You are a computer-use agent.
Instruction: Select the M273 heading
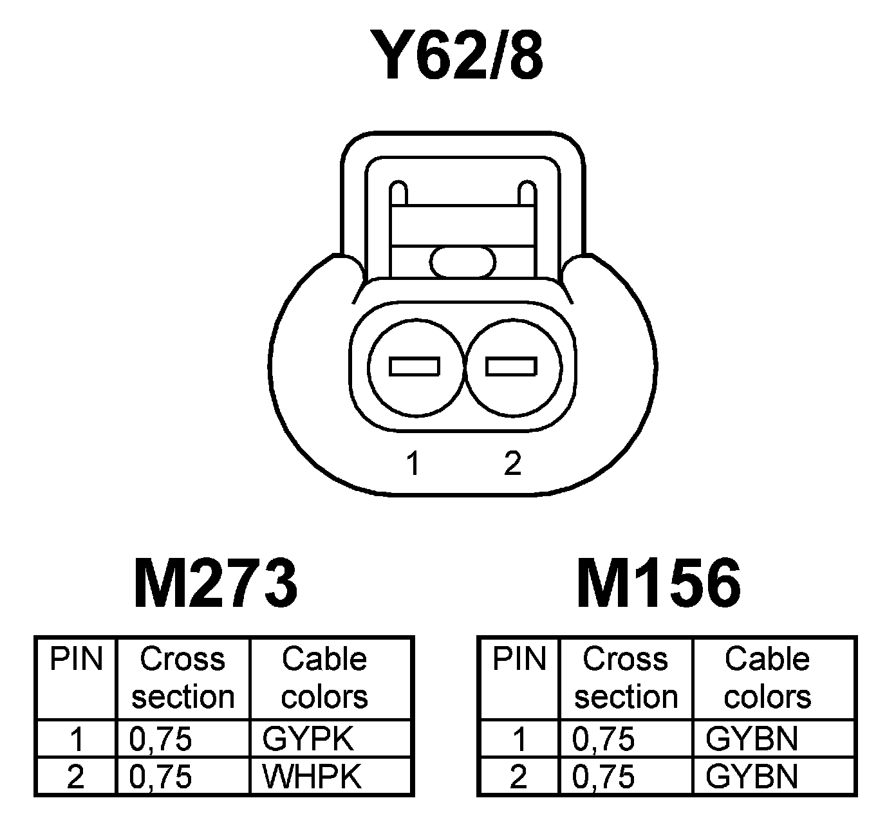pos(216,584)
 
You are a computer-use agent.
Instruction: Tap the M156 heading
pos(658,584)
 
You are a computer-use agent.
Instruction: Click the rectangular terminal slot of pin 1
pos(415,366)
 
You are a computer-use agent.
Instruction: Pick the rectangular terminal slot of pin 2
pos(511,366)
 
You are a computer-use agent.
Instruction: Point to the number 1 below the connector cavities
pos(413,463)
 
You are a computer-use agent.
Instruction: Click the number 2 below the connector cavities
pos(512,463)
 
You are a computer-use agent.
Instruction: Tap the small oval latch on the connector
pos(463,262)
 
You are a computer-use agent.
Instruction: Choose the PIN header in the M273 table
pos(77,660)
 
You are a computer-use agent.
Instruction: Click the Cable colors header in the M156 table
pos(767,678)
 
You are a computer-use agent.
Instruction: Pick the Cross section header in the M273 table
pos(183,678)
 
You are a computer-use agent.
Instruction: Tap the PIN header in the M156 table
pos(519,660)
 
